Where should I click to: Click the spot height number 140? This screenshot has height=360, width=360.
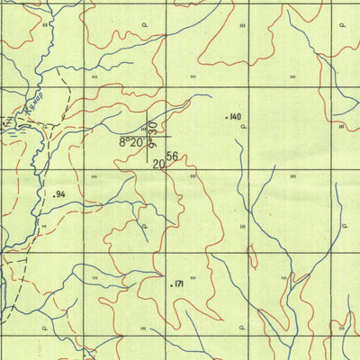pos(236,117)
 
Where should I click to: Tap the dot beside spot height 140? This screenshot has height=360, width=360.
pos(226,117)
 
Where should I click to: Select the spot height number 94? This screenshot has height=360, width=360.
pos(62,194)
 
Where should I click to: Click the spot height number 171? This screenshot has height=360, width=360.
pos(178,284)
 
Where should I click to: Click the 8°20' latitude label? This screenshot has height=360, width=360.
pos(131,142)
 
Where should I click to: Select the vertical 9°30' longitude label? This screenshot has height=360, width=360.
pos(153,132)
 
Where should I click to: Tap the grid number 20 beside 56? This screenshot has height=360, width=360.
pos(159,164)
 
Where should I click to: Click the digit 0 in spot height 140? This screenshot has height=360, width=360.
pos(239,117)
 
